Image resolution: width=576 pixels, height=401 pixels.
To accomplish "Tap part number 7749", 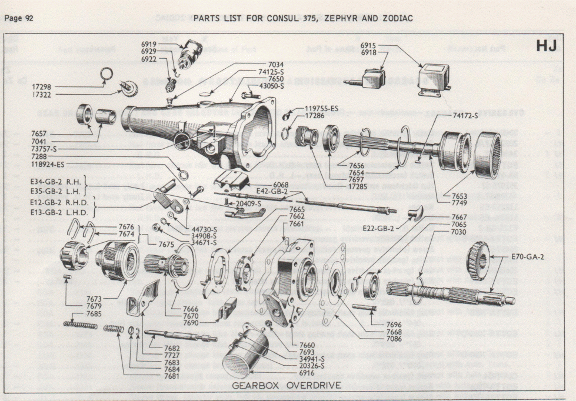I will [461, 203].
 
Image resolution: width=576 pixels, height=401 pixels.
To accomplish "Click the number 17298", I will [45, 86].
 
